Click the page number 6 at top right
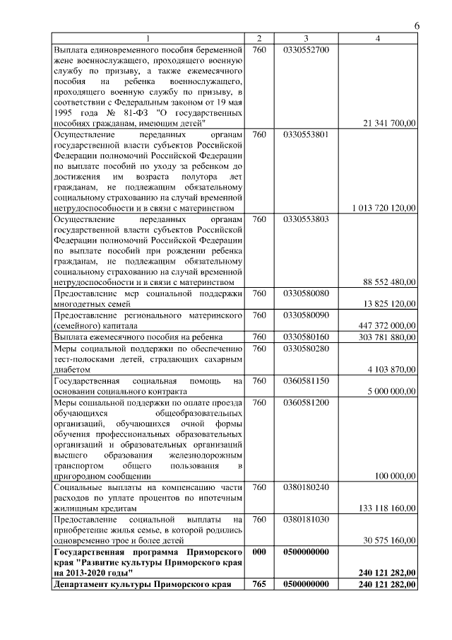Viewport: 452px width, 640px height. (417, 25)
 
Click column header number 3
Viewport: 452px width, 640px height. (306, 38)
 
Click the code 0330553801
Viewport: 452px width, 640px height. (306, 134)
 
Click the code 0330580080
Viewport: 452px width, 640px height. (306, 293)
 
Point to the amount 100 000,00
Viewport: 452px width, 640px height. (394, 477)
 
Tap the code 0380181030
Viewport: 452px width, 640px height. (306, 520)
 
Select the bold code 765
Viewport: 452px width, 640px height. (259, 584)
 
